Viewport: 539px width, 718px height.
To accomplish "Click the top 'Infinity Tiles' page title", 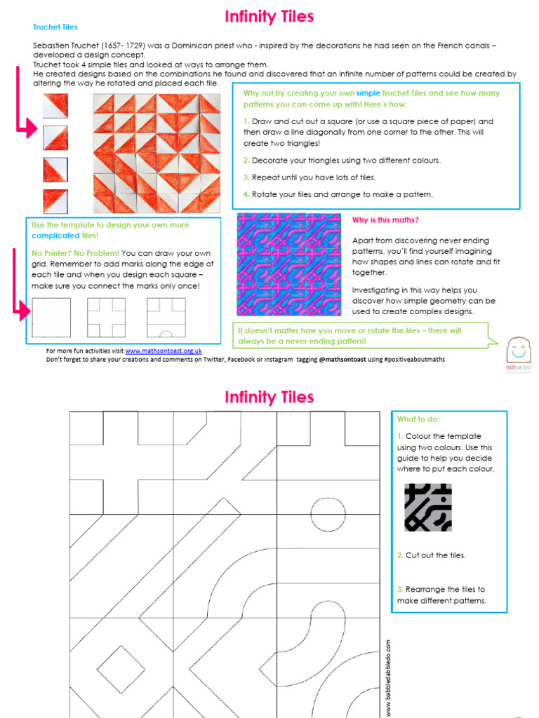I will coord(269,16).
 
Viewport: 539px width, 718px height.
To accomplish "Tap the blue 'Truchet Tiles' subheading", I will coord(55,27).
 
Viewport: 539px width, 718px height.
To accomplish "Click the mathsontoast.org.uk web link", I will coord(164,351).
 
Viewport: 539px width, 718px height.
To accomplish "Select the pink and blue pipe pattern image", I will coord(288,264).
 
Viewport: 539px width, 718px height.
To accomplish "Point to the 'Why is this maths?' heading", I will coord(385,220).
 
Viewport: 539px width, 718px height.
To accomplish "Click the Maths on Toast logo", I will coord(520,350).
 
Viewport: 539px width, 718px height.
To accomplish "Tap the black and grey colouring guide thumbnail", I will coord(428,506).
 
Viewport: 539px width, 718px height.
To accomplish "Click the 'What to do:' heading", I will coord(418,419).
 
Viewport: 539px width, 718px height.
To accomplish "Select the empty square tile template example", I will coord(51,318).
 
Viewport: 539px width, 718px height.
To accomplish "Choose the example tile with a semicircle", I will coord(166,318).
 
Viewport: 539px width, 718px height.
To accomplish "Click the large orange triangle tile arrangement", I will coord(157,153).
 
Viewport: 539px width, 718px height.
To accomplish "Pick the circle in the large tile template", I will coord(328,515).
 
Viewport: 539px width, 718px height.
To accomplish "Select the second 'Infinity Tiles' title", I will coord(269,398).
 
